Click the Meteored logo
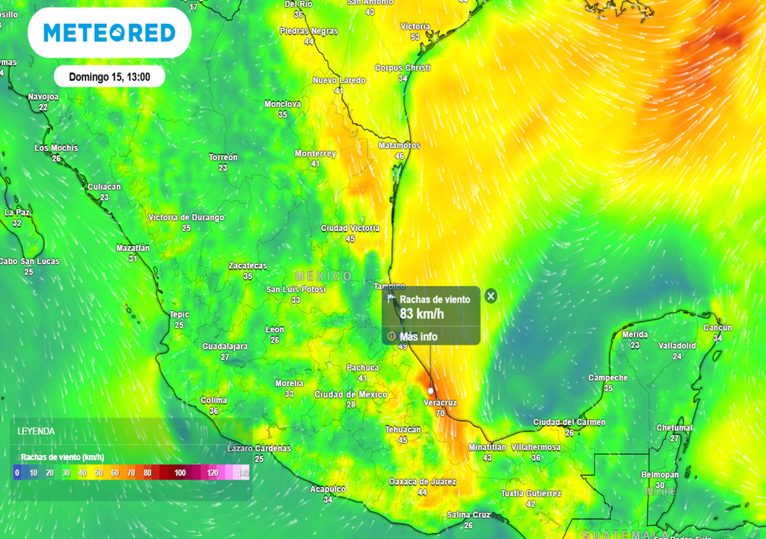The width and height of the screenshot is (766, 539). coord(109,33)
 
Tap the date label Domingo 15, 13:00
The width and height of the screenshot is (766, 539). coord(109,76)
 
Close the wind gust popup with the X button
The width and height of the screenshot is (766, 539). coord(491,296)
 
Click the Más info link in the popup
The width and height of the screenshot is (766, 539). coord(418,337)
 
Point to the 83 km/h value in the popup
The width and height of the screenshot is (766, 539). coord(422,314)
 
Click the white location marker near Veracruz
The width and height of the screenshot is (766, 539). coord(431,391)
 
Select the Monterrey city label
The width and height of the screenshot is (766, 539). coord(315,153)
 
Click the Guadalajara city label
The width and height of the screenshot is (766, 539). coord(224,347)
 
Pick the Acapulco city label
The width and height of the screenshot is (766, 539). coord(328,489)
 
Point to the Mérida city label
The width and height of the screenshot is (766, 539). coord(634,335)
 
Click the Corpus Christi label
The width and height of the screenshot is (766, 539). coord(402,68)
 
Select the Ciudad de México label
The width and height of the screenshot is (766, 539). coord(351,395)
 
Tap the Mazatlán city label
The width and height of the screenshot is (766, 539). coord(133,248)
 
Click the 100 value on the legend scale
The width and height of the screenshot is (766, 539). coord(180,473)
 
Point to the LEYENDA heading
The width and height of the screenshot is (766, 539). coord(36,431)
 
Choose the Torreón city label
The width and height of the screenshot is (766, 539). coord(223,157)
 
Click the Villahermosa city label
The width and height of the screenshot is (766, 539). coord(536,447)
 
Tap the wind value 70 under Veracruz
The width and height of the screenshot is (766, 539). coord(440,413)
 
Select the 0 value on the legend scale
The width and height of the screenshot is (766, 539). coord(17,473)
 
